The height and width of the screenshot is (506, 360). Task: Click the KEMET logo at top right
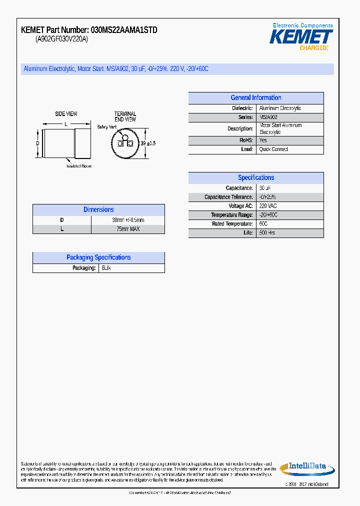coord(301,37)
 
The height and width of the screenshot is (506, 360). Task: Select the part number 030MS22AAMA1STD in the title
coord(124,30)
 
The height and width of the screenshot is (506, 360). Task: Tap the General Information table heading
coord(255,98)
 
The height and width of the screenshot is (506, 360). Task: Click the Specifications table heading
coord(255,177)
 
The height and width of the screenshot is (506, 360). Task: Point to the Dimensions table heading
coord(98,210)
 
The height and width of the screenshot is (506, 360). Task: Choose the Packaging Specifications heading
coord(98,257)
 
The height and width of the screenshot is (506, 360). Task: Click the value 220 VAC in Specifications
coord(268,206)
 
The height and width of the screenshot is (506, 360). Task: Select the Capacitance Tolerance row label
coord(228,197)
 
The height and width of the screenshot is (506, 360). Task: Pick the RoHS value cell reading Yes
coord(263,140)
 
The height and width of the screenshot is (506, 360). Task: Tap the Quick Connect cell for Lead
coord(273,149)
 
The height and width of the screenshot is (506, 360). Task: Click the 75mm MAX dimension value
coord(128,229)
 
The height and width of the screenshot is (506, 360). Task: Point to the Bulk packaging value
coord(106,268)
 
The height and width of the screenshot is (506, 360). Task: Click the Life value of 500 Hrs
coord(267,233)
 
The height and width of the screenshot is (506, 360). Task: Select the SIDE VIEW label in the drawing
coord(66,114)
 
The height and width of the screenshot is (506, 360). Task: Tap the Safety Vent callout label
coord(107,127)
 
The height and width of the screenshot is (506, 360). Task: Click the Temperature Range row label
coord(231,215)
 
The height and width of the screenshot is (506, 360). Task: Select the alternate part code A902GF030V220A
coord(61,39)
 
